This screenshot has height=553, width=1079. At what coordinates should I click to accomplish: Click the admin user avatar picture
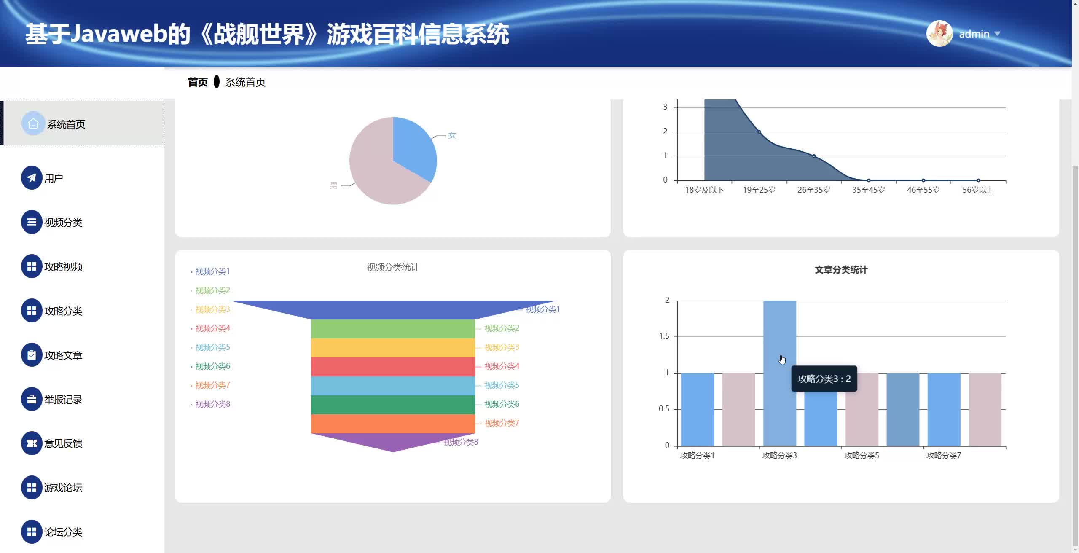click(x=939, y=34)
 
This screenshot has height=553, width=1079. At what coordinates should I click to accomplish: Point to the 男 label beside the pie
click(x=334, y=185)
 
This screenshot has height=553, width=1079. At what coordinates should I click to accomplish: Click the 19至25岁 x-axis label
click(x=759, y=190)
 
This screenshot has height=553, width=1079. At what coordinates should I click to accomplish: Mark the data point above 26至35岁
click(x=814, y=156)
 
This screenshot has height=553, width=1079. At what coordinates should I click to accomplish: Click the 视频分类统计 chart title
click(x=393, y=267)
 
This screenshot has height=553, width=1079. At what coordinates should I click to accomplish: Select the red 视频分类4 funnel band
click(x=393, y=367)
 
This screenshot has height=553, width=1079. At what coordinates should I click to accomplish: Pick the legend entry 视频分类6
click(x=212, y=366)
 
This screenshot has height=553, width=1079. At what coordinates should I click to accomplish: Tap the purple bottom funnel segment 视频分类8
click(x=393, y=442)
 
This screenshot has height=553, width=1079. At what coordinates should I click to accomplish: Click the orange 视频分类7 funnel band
click(x=393, y=424)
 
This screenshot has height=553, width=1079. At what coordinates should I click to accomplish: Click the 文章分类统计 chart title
click(x=841, y=270)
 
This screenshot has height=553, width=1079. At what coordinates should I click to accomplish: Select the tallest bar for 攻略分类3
click(x=779, y=329)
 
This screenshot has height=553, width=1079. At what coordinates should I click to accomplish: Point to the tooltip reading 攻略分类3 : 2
click(x=824, y=379)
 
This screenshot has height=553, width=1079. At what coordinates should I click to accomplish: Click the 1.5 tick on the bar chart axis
click(x=664, y=336)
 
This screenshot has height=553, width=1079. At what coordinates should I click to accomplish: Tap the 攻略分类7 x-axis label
click(x=944, y=456)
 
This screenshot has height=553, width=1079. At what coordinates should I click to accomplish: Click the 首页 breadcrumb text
click(x=198, y=82)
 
